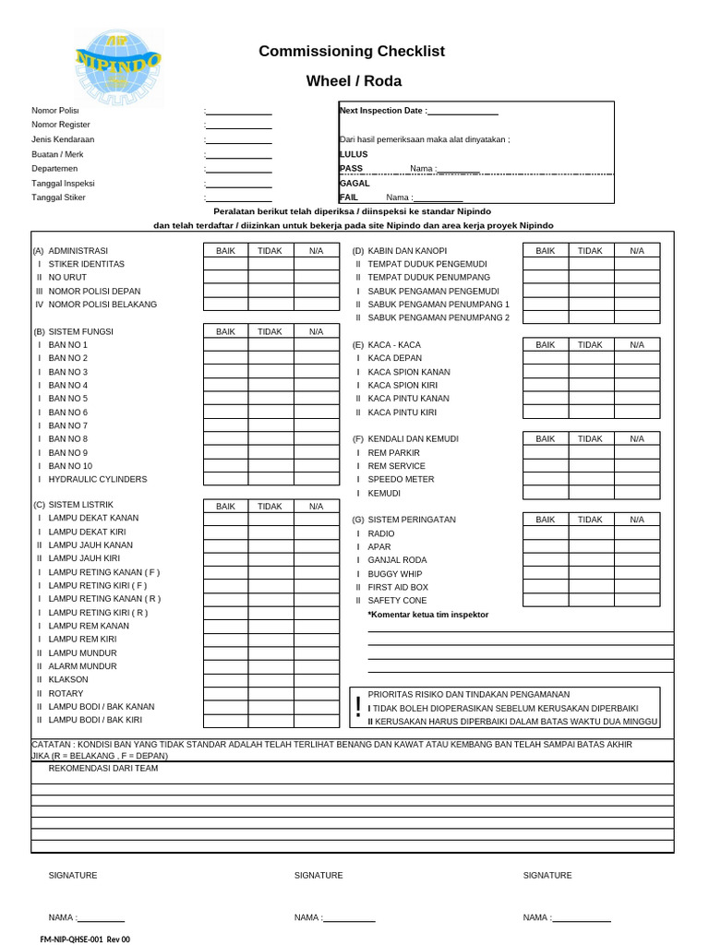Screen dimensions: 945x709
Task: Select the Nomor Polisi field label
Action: (55, 111)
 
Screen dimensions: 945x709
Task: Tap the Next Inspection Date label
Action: (382, 111)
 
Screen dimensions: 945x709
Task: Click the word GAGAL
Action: (354, 184)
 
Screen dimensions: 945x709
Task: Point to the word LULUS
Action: (354, 154)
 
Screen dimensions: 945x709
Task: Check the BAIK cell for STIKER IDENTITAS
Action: (225, 264)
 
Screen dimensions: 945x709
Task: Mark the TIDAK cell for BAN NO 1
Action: (270, 345)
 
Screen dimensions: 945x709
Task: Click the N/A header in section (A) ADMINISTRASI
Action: (316, 250)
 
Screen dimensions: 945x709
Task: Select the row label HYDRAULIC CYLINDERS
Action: (97, 480)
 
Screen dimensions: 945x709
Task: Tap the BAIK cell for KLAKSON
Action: (225, 680)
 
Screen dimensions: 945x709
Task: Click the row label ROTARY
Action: (66, 694)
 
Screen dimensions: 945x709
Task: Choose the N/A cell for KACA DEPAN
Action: (637, 358)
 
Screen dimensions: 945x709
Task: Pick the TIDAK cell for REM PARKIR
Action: (591, 453)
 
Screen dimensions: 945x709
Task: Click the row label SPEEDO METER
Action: (401, 480)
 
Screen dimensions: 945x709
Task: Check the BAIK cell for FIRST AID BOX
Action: (546, 587)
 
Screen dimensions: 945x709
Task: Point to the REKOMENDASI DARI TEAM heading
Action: (102, 769)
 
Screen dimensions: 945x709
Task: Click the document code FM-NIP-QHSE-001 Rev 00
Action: (85, 939)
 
